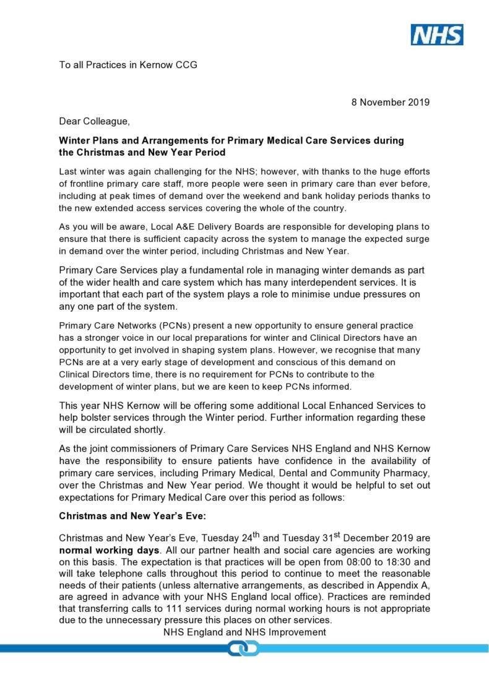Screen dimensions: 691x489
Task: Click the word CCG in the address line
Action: click(185, 65)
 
